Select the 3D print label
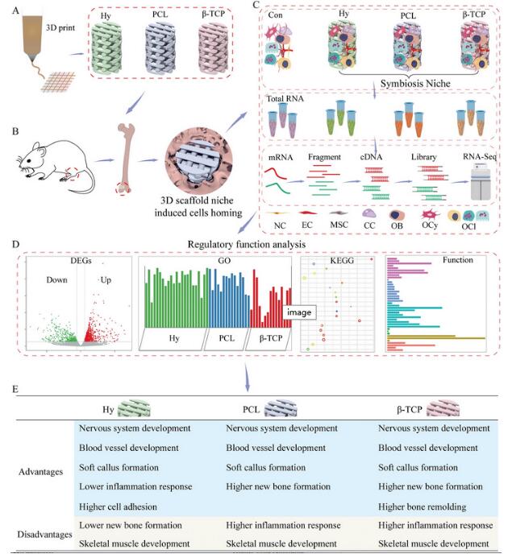click(60, 27)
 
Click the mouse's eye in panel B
click(29, 160)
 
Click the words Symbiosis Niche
click(415, 83)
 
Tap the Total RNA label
click(285, 98)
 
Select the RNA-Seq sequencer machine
click(481, 181)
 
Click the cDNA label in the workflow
click(371, 157)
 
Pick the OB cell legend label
click(397, 225)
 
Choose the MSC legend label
click(339, 225)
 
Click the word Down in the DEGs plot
click(56, 279)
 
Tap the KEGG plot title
click(342, 261)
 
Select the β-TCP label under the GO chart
click(271, 337)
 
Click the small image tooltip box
click(299, 312)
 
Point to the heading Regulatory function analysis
click(247, 245)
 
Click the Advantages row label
click(40, 472)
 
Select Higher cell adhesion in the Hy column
click(118, 506)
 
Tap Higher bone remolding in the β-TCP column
click(423, 506)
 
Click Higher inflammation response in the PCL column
click(283, 525)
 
